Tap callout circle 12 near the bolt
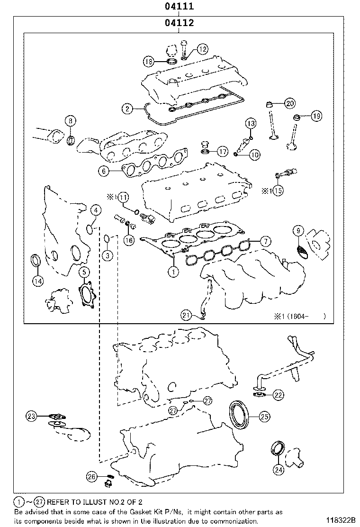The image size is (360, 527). click(202, 48)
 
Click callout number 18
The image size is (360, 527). click(149, 61)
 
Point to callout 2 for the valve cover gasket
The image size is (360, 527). click(127, 109)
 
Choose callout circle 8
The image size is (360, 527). click(70, 121)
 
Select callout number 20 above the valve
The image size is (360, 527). click(289, 103)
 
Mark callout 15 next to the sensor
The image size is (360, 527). click(278, 191)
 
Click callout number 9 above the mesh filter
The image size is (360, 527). click(298, 231)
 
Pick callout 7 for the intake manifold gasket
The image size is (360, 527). click(265, 241)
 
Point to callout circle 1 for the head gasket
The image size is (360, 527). click(173, 272)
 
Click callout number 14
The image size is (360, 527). click(38, 281)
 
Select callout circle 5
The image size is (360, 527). click(83, 272)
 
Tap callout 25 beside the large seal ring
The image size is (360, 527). click(264, 416)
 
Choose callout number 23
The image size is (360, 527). click(31, 416)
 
